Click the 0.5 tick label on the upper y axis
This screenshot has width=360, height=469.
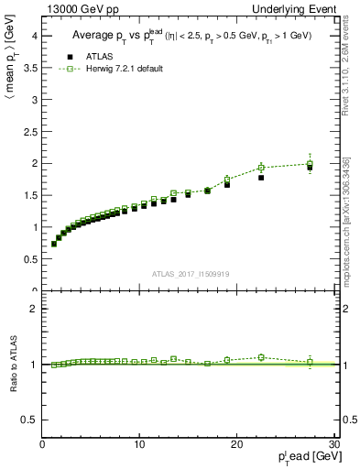coord(29,259)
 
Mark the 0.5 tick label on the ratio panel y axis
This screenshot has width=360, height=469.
coord(29,420)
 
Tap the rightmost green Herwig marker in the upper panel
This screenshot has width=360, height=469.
coord(310,164)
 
